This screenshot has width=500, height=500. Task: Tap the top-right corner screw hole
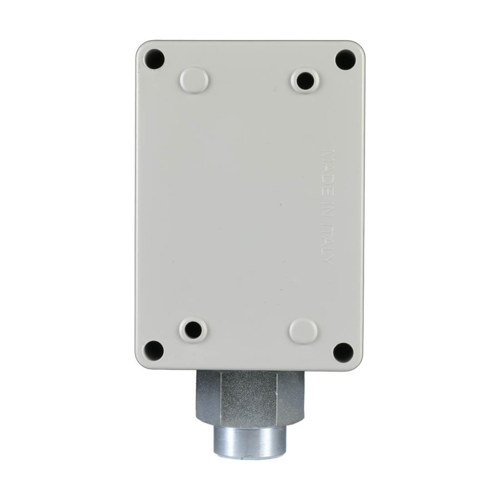[x=346, y=59]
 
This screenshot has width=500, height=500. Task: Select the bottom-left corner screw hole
[x=154, y=350]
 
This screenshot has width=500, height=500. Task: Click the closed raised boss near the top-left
[x=194, y=79]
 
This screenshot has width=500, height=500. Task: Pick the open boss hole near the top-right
[x=305, y=80]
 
